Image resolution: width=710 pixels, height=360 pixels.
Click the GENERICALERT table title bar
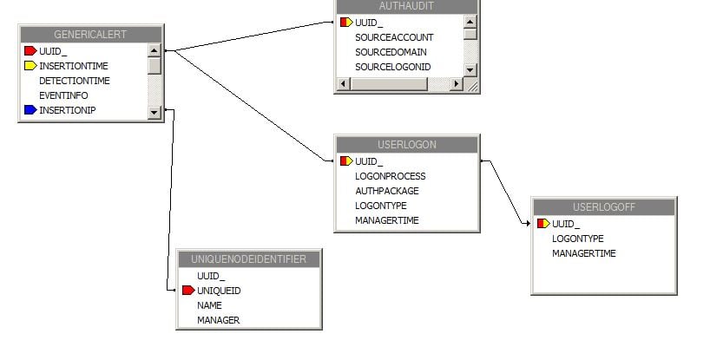(90, 35)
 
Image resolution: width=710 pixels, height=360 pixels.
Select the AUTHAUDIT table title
(406, 6)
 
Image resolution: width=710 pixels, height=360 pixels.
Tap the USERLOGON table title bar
(406, 145)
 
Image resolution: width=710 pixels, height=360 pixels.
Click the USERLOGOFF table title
(603, 207)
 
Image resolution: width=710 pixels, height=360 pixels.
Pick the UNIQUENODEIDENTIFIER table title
(248, 259)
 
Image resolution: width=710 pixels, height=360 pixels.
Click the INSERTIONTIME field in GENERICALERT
(74, 66)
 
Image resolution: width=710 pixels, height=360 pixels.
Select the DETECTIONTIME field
(74, 81)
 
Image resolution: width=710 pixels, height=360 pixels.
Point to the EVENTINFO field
(63, 95)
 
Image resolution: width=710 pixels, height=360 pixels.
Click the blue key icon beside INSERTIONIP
(30, 110)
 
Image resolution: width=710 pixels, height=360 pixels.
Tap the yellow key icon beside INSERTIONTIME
(30, 66)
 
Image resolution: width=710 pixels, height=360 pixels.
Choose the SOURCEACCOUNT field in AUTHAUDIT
(394, 37)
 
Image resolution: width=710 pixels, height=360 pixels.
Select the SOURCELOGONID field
(393, 67)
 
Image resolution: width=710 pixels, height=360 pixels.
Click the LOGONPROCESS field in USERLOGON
(390, 176)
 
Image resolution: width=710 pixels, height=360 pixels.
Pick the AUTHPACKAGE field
(386, 191)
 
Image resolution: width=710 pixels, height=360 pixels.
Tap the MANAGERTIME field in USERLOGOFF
(583, 253)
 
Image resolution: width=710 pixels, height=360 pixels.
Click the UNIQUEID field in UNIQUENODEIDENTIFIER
(219, 291)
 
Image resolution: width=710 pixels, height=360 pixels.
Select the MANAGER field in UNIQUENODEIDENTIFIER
(218, 320)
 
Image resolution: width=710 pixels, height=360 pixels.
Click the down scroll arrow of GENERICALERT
(154, 111)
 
